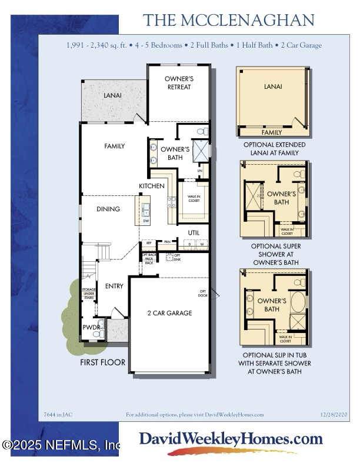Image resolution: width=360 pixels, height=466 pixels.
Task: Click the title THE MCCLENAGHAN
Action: tap(229, 20)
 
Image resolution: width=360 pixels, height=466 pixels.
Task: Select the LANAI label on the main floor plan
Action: tap(113, 95)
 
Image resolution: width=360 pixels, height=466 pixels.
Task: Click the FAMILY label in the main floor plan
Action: tap(115, 145)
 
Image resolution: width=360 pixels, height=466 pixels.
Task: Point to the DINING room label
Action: tap(108, 209)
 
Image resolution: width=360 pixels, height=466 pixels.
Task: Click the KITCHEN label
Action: tap(151, 186)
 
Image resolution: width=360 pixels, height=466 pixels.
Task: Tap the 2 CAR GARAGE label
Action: tap(169, 313)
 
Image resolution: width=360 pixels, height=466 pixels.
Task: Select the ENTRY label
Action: tap(114, 286)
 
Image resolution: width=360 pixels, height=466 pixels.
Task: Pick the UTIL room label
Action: tap(194, 233)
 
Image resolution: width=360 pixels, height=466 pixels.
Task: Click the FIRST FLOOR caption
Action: tap(103, 362)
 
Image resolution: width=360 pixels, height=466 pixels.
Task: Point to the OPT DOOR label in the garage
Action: tap(204, 293)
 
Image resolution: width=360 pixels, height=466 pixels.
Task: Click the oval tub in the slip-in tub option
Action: tap(298, 306)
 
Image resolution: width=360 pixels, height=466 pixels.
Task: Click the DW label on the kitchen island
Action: tap(145, 221)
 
